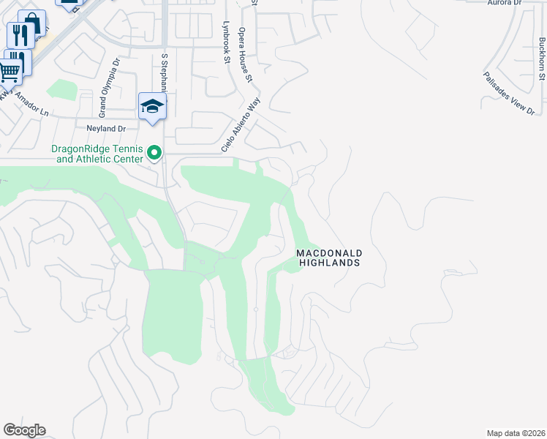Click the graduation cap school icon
pos(152,106)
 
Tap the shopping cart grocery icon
pos(9,72)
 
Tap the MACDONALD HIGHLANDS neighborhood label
pos(329,258)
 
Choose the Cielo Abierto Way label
pos(241,127)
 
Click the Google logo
pos(24,430)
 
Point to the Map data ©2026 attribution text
pos(516,432)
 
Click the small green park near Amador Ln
pos(61,90)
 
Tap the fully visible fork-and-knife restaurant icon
pos(20,34)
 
